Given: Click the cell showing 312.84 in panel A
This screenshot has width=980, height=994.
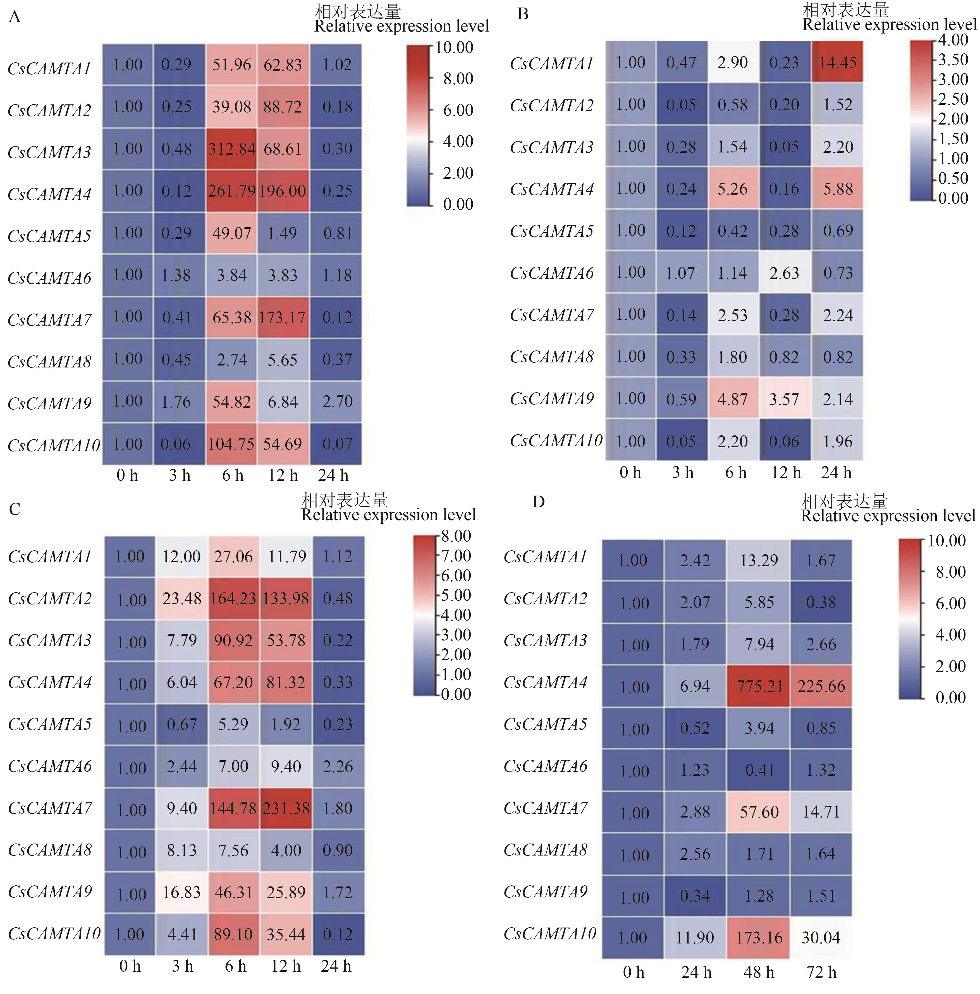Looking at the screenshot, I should [231, 149].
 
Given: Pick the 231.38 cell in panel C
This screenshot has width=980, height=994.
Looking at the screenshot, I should [286, 808].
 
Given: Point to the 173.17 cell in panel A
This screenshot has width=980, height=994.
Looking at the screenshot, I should [283, 317].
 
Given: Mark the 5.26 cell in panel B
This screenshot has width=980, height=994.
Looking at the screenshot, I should [733, 189].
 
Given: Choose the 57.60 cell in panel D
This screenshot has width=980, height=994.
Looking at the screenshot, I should [759, 812].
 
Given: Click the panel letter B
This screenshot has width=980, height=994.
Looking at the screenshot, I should [523, 14].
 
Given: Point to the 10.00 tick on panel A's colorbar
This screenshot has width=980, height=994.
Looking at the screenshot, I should [454, 47].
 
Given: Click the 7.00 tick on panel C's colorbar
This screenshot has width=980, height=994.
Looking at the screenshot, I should [456, 556].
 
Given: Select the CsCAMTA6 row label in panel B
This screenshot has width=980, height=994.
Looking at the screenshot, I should [551, 273].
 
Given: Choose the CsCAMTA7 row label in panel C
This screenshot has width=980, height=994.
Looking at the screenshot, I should [50, 808].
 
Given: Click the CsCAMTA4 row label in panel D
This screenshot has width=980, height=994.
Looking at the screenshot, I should [545, 682].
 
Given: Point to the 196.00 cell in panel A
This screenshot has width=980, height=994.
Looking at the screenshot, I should [283, 191].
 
